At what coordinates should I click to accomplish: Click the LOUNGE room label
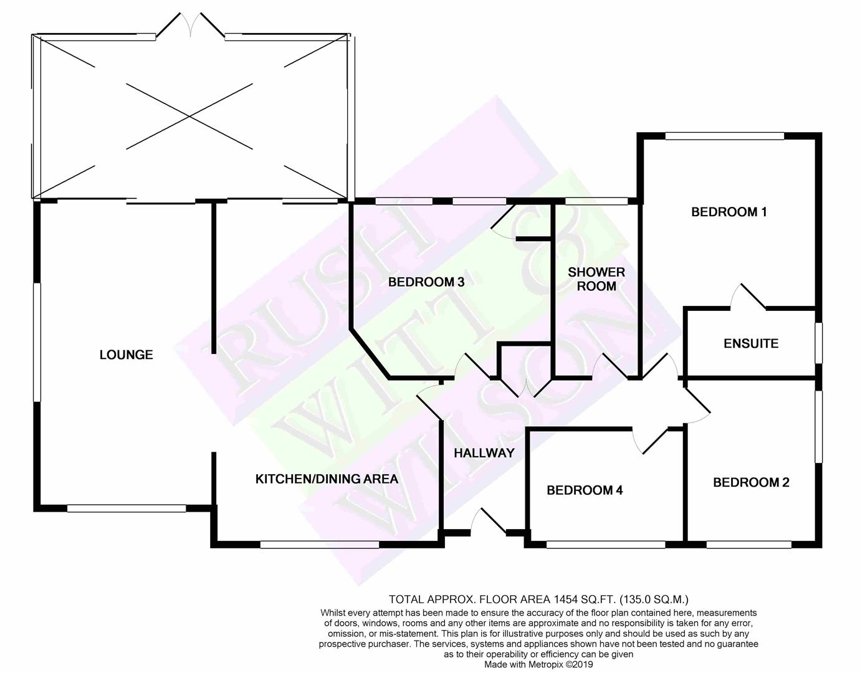click(x=126, y=355)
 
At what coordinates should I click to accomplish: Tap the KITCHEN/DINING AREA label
click(x=327, y=479)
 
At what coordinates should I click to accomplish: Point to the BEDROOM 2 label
click(x=751, y=482)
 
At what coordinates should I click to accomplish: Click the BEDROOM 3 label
click(x=426, y=282)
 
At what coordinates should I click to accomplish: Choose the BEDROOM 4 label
click(x=585, y=490)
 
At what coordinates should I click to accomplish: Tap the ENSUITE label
click(x=751, y=343)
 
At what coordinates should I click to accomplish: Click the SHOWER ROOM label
click(x=596, y=279)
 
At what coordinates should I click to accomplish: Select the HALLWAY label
click(x=484, y=453)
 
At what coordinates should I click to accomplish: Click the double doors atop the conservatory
click(x=192, y=25)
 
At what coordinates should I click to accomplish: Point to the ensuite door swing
click(x=748, y=297)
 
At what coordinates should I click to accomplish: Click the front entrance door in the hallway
click(x=488, y=520)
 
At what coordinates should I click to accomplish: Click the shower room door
click(x=610, y=365)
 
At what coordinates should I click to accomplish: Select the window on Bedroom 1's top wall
click(x=725, y=136)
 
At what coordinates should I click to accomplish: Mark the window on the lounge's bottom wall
click(x=127, y=508)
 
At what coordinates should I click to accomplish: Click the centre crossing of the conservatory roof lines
click(x=190, y=117)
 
